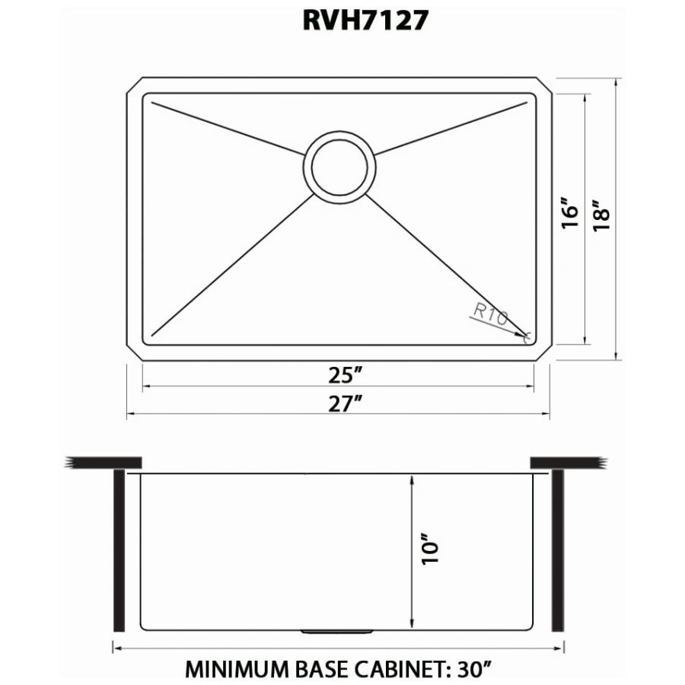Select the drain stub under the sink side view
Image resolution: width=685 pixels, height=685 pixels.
pos(338,632)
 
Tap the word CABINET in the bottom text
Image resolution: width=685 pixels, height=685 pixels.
pos(400,670)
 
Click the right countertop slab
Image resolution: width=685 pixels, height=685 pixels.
pos(567,462)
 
